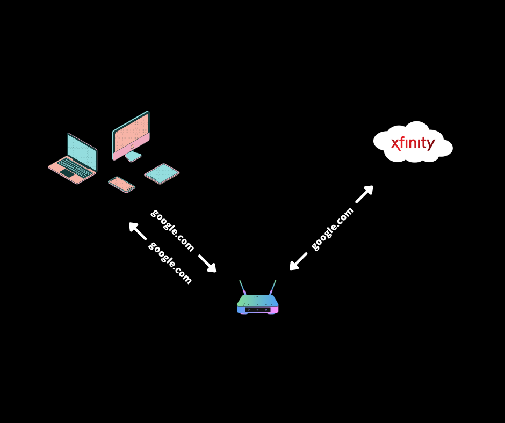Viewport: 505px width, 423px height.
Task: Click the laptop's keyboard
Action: [x=74, y=168]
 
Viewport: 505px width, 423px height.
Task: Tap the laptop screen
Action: [x=82, y=152]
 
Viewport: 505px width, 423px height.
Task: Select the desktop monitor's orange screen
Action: [x=131, y=131]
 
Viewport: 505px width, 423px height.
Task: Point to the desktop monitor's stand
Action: [x=133, y=156]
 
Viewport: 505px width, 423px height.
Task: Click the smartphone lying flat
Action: [x=121, y=184]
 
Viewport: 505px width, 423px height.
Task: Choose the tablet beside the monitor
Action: [x=162, y=173]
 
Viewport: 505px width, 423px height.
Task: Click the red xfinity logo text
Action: [x=413, y=143]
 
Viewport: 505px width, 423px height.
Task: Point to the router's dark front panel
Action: [x=257, y=309]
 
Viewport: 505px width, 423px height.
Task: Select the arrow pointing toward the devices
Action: [x=136, y=230]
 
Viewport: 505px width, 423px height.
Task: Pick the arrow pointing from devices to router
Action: [x=207, y=264]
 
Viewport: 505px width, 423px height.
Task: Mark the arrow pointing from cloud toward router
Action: [x=297, y=262]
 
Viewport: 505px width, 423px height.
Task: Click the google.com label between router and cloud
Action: [x=333, y=228]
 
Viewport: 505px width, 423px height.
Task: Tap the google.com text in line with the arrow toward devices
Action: [x=170, y=262]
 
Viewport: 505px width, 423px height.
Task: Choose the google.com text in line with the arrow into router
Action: [x=172, y=230]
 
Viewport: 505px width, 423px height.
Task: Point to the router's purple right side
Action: [x=275, y=309]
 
